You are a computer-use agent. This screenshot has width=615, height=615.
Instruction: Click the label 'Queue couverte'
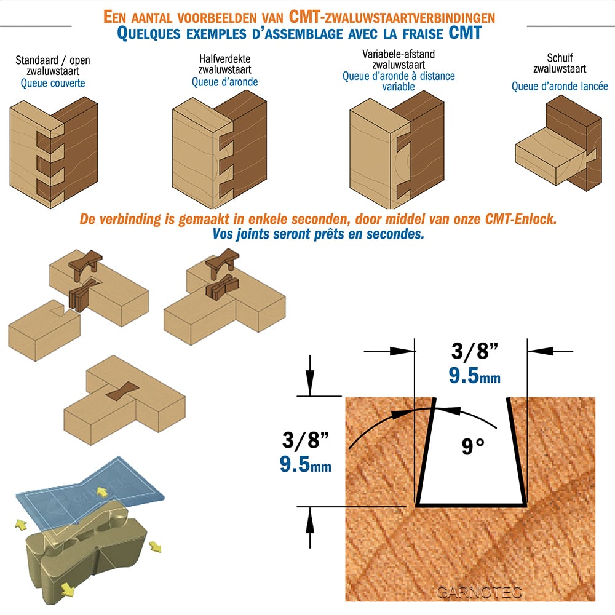(x=53, y=83)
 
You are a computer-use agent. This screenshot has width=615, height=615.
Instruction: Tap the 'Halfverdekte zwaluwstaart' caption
(x=224, y=65)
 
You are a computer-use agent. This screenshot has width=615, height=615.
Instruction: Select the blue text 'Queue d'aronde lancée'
(x=560, y=86)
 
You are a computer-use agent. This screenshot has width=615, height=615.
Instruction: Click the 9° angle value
(x=472, y=446)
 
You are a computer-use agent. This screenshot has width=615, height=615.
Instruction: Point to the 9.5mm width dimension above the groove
(x=475, y=375)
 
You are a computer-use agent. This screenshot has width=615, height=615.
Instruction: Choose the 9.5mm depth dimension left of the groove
(x=305, y=464)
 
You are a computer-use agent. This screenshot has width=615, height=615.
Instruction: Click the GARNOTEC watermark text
(x=479, y=592)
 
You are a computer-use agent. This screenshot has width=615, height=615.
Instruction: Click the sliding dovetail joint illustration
(x=558, y=143)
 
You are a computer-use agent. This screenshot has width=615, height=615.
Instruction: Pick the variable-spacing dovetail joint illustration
(x=397, y=150)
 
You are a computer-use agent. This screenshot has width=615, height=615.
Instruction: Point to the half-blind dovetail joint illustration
(x=220, y=150)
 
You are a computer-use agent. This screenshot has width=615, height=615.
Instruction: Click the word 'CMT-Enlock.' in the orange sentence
(x=521, y=219)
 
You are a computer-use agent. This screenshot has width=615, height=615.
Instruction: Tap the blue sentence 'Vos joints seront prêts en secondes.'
(x=319, y=234)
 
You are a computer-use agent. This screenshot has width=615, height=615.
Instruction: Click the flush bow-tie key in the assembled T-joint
(x=122, y=391)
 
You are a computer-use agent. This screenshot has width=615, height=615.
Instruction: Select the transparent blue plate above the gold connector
(x=90, y=491)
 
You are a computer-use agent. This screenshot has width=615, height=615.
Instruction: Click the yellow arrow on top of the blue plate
(x=103, y=492)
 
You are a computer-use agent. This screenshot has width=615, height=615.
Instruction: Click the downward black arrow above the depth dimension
(x=310, y=375)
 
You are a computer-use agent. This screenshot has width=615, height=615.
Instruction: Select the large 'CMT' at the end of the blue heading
(x=465, y=33)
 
